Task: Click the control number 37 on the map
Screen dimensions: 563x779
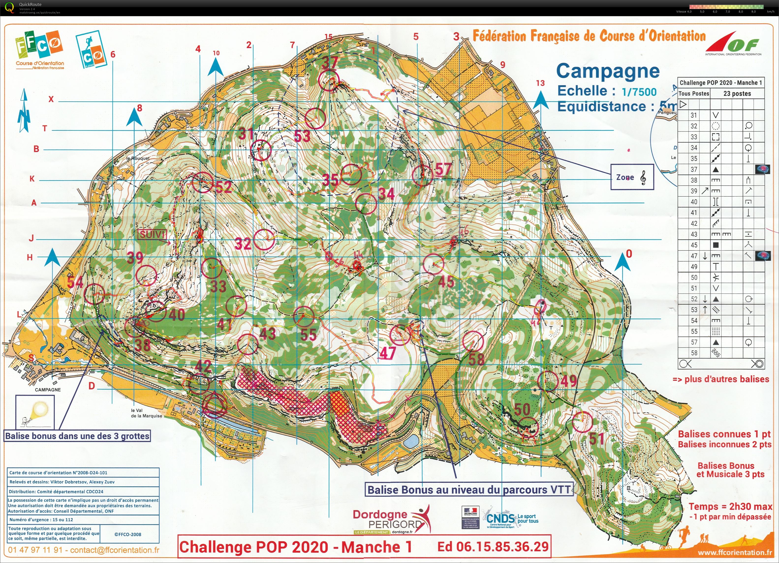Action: pos(330,62)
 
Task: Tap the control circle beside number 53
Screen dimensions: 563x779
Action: pos(315,119)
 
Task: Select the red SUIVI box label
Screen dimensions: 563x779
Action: pos(152,235)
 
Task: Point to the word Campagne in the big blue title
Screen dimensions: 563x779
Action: pos(608,71)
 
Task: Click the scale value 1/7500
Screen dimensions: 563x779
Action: pos(639,92)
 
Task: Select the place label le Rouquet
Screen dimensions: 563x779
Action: pos(138,158)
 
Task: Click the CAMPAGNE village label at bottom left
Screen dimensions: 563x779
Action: pos(48,390)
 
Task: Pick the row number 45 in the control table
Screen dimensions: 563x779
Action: pos(694,245)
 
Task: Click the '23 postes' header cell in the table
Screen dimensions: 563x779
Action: pos(737,93)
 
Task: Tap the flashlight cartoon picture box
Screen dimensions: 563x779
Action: pos(35,411)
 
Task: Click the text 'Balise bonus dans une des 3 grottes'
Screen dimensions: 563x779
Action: pos(77,436)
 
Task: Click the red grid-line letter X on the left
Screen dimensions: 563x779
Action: pos(51,99)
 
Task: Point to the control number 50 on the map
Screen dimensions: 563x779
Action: pos(522,409)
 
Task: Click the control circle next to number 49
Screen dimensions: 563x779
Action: pos(547,381)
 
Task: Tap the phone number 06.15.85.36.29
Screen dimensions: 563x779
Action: pos(493,547)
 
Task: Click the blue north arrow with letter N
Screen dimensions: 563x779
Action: pos(24,111)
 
